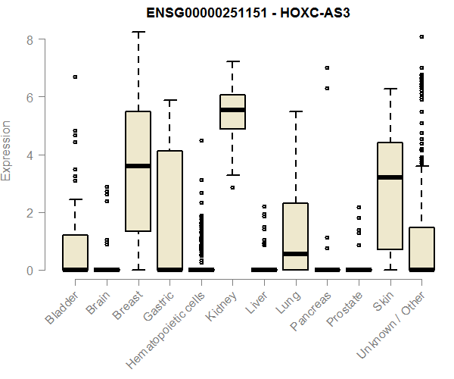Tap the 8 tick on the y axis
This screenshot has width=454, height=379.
point(30,39)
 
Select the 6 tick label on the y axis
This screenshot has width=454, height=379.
point(30,97)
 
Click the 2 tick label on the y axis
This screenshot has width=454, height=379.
point(30,212)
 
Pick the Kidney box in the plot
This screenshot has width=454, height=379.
point(232,111)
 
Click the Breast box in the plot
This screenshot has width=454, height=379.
point(138,171)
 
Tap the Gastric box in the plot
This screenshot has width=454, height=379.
point(169,210)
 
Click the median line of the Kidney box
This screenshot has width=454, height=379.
point(232,110)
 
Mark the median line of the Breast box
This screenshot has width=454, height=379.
point(138,166)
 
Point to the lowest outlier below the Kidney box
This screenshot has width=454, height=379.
point(232,187)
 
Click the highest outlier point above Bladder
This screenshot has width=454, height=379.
point(75,77)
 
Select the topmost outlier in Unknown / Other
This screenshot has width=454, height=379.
point(421,36)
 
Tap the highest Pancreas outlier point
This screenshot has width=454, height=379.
point(327,67)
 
